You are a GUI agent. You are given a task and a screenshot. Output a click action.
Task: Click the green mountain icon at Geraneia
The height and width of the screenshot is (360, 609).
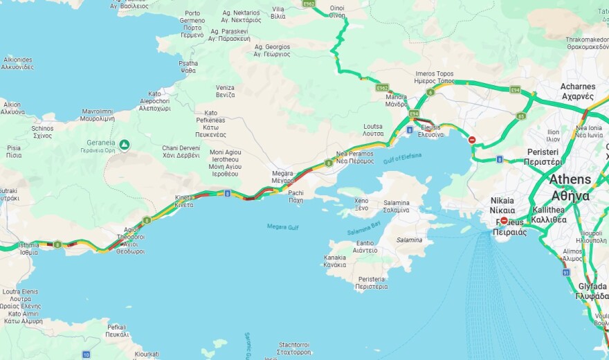[125, 145]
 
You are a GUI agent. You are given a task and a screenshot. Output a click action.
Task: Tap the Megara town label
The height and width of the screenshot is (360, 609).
[282, 177]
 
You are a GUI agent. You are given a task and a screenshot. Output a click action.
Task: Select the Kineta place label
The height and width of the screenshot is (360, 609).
[184, 200]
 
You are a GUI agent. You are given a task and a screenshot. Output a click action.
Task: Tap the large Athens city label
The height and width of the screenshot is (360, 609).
[570, 187]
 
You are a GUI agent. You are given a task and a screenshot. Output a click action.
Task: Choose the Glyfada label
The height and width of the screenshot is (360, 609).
[592, 291]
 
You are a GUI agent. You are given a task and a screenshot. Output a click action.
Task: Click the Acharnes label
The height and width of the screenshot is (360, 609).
[577, 91]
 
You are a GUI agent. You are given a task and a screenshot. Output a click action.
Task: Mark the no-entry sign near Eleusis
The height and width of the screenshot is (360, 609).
[472, 140]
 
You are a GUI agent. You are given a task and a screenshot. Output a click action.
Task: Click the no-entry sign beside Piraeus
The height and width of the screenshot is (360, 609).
[504, 221]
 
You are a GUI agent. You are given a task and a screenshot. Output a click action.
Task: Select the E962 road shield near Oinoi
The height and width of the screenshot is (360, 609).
[309, 4]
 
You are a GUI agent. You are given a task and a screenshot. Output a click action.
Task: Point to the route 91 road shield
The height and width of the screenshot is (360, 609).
[565, 273]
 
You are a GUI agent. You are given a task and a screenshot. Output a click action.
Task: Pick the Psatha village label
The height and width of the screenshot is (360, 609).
[188, 66]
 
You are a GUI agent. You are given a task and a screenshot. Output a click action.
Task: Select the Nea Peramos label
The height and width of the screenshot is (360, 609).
[355, 156]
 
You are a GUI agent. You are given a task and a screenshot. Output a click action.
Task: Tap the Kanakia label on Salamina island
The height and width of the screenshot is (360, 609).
[334, 261]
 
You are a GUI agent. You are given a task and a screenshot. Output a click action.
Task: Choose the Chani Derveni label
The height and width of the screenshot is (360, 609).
[181, 152]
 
